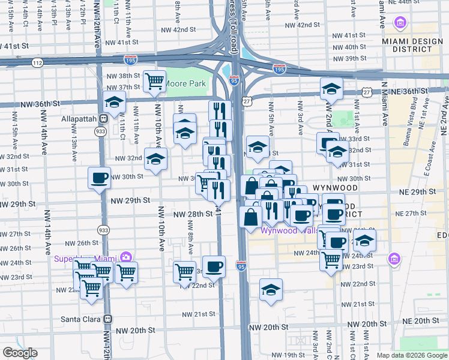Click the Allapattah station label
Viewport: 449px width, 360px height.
tap(79, 119)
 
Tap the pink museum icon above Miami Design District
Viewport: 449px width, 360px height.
tap(400, 23)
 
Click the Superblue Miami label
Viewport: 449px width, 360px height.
tap(86, 259)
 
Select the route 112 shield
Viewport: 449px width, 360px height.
tap(38, 62)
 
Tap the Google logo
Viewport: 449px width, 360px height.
tap(20, 353)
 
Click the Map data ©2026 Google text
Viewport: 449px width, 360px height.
tap(411, 355)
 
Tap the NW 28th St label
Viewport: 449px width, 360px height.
tap(193, 214)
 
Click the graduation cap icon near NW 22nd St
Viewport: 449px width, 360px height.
tap(271, 289)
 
